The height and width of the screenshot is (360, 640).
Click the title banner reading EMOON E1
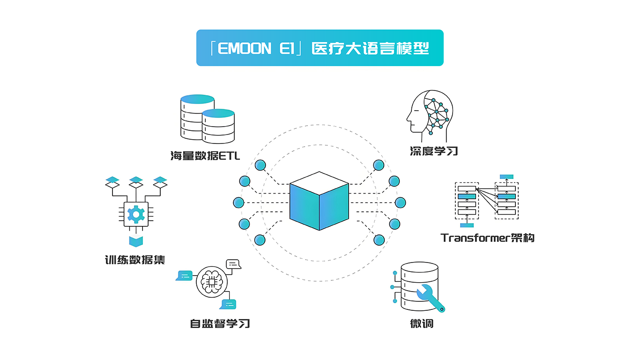pos(320,48)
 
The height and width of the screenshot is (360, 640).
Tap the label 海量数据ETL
pos(205,156)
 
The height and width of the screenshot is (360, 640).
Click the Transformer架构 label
pos(487,238)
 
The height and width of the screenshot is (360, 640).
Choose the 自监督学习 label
pos(220,323)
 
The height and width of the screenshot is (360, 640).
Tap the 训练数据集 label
pos(135,260)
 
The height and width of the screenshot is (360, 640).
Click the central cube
pos(319,201)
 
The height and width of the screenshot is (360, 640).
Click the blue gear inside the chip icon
pos(136,214)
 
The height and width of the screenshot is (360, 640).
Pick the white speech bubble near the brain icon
pos(233,264)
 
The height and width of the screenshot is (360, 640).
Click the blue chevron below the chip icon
pos(136,241)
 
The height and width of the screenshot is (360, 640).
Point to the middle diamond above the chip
pos(136,182)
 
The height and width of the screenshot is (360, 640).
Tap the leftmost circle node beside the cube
pos(238,202)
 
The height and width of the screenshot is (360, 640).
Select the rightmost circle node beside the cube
pos(400,202)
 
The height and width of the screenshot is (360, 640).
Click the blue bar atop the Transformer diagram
pos(506,177)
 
